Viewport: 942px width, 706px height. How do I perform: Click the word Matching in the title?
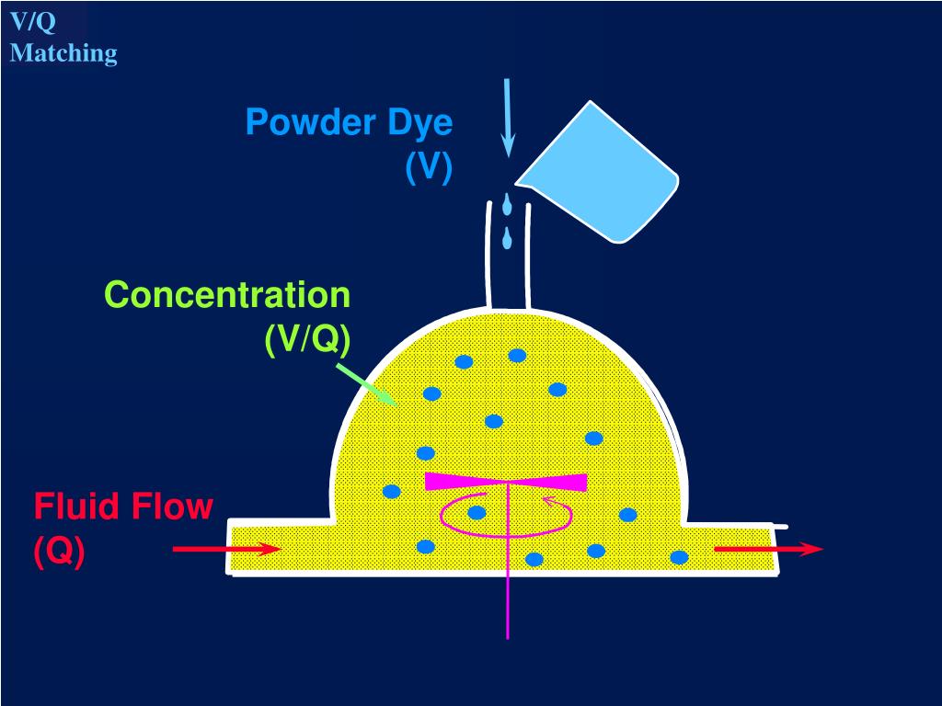coord(63,52)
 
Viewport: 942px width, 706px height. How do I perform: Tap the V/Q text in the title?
coord(33,22)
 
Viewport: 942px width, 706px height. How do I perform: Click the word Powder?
coord(311,122)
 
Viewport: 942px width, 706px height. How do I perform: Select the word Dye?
coord(419,124)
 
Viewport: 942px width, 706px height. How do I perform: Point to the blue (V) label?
coord(429,166)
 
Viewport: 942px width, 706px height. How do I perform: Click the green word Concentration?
coord(228,295)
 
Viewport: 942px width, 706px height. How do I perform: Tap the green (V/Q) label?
coord(307,340)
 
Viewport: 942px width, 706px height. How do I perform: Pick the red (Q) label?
coord(59,551)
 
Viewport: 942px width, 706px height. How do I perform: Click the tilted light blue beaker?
coord(598,172)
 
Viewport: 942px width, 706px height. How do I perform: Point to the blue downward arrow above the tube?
coord(508,118)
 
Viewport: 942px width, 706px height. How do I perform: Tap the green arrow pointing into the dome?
coord(366,383)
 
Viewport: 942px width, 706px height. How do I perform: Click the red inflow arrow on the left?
coord(226,549)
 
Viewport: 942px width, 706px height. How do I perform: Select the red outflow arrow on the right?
coord(768,549)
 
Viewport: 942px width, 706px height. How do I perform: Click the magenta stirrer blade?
coord(506,482)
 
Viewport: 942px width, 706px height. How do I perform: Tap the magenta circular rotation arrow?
coord(507,515)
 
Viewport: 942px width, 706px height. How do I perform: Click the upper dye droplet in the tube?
coord(508,204)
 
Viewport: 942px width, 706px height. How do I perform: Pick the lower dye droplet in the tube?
coord(508,238)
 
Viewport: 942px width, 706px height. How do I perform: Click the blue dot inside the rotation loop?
coord(477,513)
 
